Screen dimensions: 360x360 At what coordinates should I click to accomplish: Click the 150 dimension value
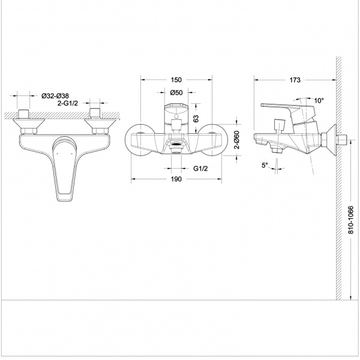tap(176, 80)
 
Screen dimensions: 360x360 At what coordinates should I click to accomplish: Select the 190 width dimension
tap(176, 179)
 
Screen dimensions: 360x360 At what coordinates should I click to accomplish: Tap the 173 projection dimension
tap(295, 80)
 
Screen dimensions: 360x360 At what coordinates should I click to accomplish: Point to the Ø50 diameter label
tap(176, 92)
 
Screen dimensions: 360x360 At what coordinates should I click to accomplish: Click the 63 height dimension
tap(196, 118)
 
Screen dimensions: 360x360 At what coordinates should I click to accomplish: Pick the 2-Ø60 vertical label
tap(237, 140)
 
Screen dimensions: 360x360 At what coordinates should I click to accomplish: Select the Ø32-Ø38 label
tap(55, 96)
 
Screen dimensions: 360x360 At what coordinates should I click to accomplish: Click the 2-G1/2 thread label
tap(67, 103)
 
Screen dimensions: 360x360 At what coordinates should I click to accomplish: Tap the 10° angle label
tap(319, 101)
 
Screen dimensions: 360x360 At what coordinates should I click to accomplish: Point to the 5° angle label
tap(265, 165)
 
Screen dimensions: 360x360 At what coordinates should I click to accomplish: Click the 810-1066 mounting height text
tap(351, 220)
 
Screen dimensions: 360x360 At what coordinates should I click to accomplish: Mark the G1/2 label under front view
tap(200, 169)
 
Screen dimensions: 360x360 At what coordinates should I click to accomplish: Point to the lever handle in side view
tap(287, 108)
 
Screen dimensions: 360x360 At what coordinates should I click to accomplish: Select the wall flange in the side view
tap(330, 140)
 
